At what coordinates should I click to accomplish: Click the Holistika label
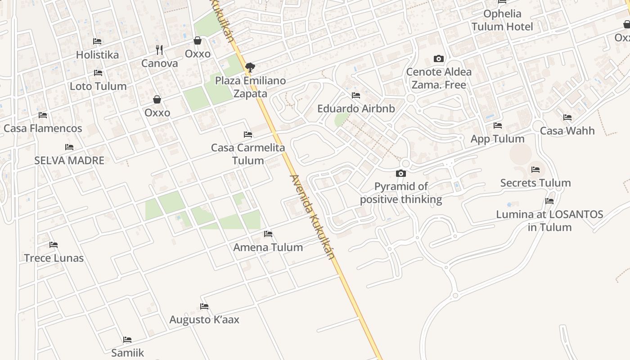97,55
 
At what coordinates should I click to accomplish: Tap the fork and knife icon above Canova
159,49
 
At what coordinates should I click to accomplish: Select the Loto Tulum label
98,86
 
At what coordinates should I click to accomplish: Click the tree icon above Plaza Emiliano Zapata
250,67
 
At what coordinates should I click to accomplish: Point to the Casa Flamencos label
43,128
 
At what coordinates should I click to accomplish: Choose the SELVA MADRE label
69,160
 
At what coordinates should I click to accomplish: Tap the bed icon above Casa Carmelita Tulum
247,134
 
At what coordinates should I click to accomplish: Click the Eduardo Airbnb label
356,108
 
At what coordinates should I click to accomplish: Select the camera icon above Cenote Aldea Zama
439,58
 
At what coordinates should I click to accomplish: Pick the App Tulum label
497,139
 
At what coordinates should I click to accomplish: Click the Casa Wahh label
567,131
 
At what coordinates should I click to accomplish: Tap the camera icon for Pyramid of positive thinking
400,173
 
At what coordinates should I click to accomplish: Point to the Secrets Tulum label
535,183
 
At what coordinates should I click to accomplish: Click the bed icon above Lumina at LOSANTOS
549,201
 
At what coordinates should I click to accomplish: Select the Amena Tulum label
268,247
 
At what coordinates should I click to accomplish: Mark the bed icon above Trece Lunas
54,245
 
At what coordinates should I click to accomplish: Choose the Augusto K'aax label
204,319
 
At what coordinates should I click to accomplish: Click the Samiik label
127,352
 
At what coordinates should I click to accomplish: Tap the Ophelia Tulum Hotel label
502,20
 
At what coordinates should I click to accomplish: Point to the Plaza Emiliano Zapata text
250,87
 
